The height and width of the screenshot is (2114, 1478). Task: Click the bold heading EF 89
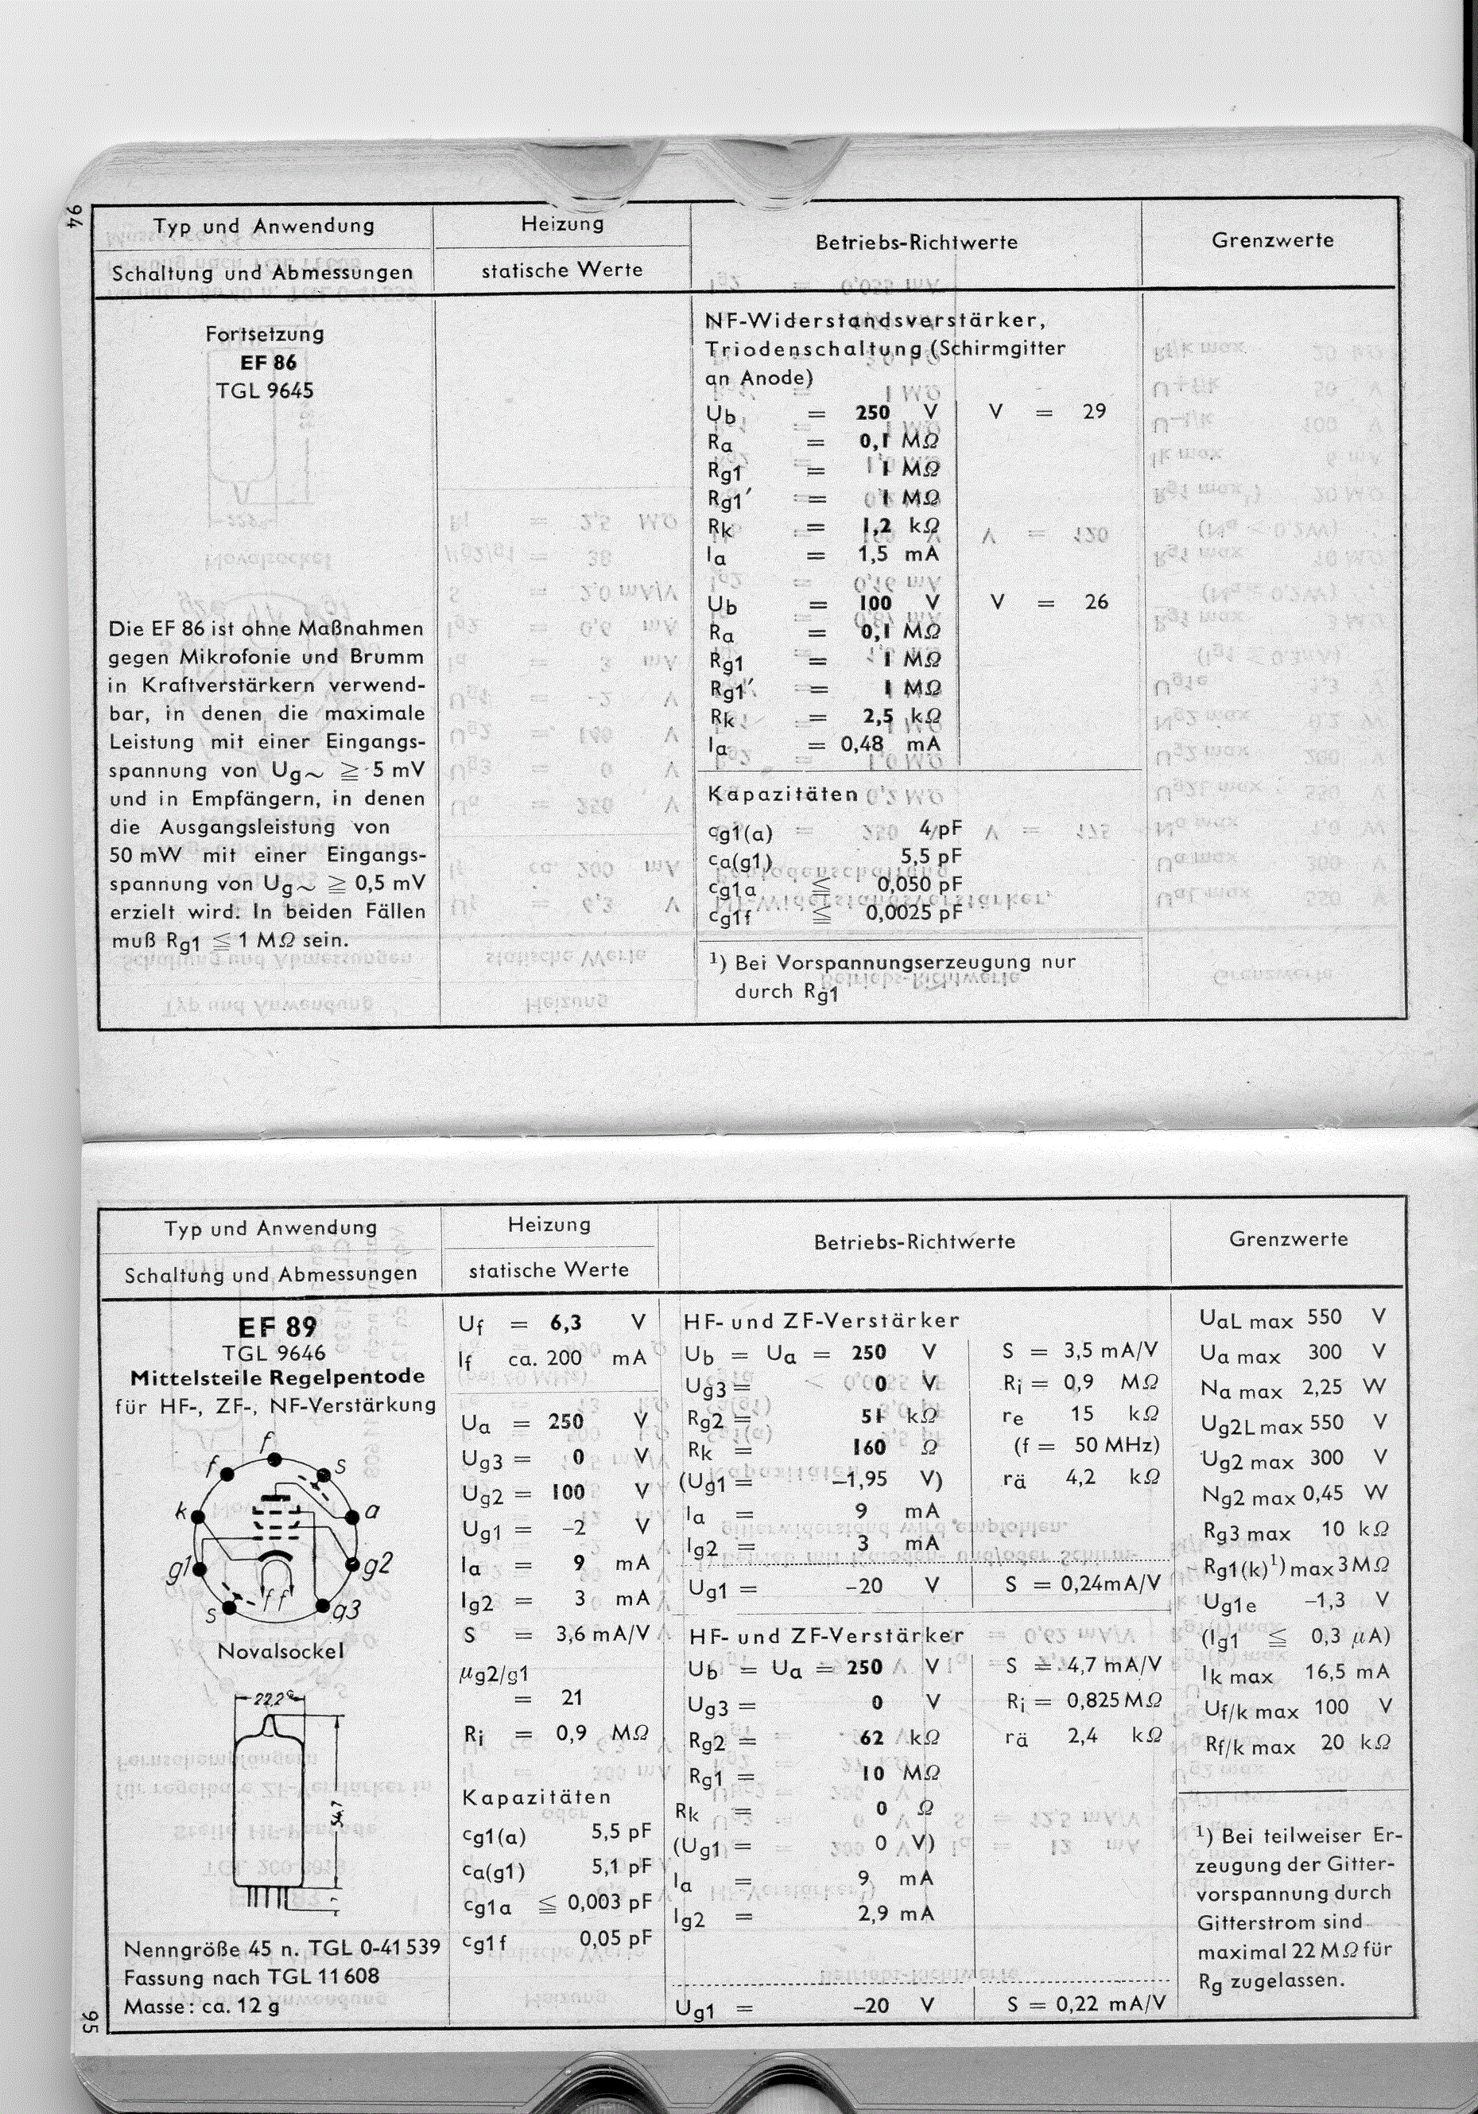point(276,1327)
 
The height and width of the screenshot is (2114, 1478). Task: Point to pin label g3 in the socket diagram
point(345,1611)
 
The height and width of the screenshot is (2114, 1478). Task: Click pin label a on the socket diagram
point(372,1511)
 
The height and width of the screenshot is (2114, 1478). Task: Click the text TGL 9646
point(273,1353)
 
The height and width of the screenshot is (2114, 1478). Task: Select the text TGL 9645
point(264,391)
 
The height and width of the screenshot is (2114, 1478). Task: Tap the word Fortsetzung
point(264,333)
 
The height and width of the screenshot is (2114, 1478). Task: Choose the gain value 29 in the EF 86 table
point(1094,411)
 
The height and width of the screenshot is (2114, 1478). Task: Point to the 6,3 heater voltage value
point(565,1323)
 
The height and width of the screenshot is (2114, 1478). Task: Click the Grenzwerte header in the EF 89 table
point(1286,1238)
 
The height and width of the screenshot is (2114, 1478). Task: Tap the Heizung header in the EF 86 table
point(561,223)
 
